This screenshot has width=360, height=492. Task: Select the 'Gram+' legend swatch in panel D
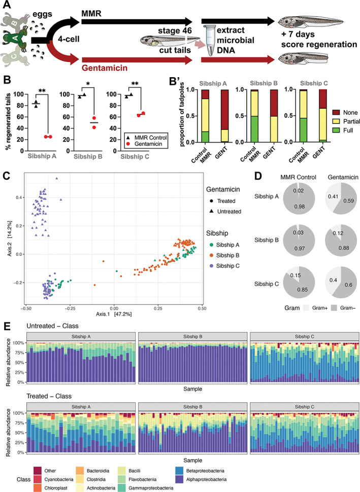pyautogui.click(x=294, y=308)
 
